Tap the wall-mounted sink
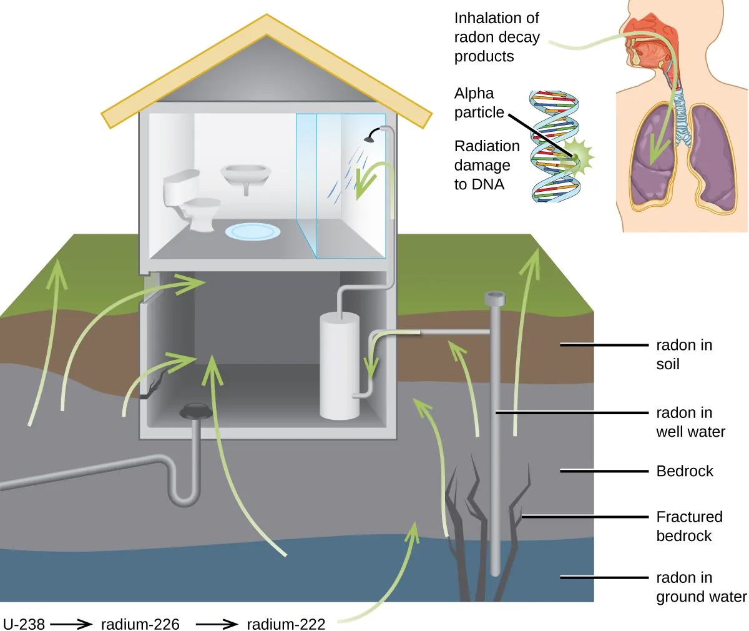pyautogui.click(x=245, y=175)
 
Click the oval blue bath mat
pyautogui.click(x=252, y=232)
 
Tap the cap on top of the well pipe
pyautogui.click(x=495, y=298)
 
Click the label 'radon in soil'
pyautogui.click(x=683, y=354)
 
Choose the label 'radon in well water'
pyautogui.click(x=690, y=422)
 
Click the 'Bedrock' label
pyautogui.click(x=684, y=471)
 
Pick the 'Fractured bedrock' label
pyautogui.click(x=689, y=526)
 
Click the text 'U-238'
pyautogui.click(x=24, y=624)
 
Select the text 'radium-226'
pyautogui.click(x=140, y=624)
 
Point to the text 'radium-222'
pyautogui.click(x=286, y=624)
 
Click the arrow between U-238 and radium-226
pyautogui.click(x=71, y=624)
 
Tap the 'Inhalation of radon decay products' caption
pyautogui.click(x=496, y=37)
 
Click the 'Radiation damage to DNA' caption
pyautogui.click(x=486, y=165)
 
